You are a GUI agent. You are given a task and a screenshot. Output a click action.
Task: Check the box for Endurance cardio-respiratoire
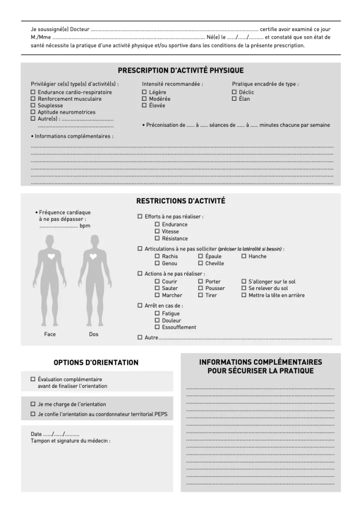click(33, 92)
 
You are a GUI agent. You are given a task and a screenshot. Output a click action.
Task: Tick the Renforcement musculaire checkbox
click(33, 99)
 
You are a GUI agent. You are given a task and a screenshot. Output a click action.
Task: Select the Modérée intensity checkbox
click(144, 99)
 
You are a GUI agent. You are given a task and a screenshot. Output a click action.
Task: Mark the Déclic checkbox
click(234, 92)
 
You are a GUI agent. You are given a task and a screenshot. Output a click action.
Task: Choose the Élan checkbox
click(234, 99)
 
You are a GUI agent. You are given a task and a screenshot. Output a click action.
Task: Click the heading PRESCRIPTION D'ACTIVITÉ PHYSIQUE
click(181, 71)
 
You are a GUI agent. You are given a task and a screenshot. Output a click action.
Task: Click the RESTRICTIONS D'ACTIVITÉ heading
click(181, 201)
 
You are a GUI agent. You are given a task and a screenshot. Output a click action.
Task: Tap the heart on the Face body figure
click(51, 256)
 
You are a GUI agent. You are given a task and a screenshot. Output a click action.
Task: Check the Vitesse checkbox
click(157, 231)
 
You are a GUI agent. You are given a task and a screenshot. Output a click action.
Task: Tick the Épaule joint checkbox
click(201, 256)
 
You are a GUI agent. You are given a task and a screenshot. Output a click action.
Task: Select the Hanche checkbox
click(244, 256)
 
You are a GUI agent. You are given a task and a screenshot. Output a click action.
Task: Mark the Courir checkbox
click(157, 282)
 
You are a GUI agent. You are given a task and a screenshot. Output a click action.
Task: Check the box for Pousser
click(201, 288)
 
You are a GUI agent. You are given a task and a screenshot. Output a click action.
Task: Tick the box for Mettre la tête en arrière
click(244, 295)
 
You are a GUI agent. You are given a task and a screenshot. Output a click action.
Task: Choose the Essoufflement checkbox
click(157, 327)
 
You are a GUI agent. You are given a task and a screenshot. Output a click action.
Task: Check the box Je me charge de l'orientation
click(33, 404)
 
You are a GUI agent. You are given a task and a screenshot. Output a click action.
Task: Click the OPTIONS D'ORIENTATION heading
click(96, 362)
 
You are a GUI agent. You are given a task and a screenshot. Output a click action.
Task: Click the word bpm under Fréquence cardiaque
click(85, 226)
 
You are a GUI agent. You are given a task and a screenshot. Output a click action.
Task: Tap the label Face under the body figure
click(50, 334)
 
